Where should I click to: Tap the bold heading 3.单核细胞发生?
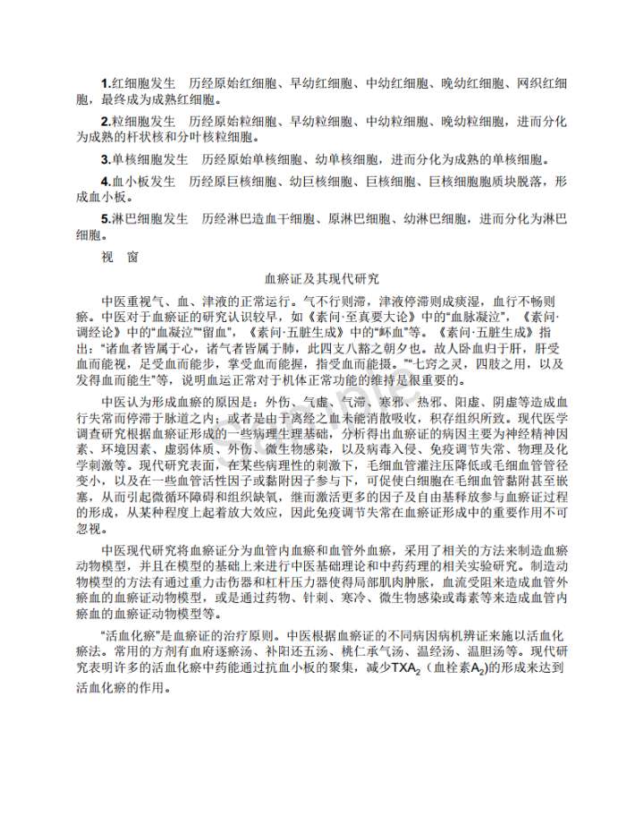(x=144, y=160)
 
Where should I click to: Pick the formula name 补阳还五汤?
(x=302, y=650)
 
